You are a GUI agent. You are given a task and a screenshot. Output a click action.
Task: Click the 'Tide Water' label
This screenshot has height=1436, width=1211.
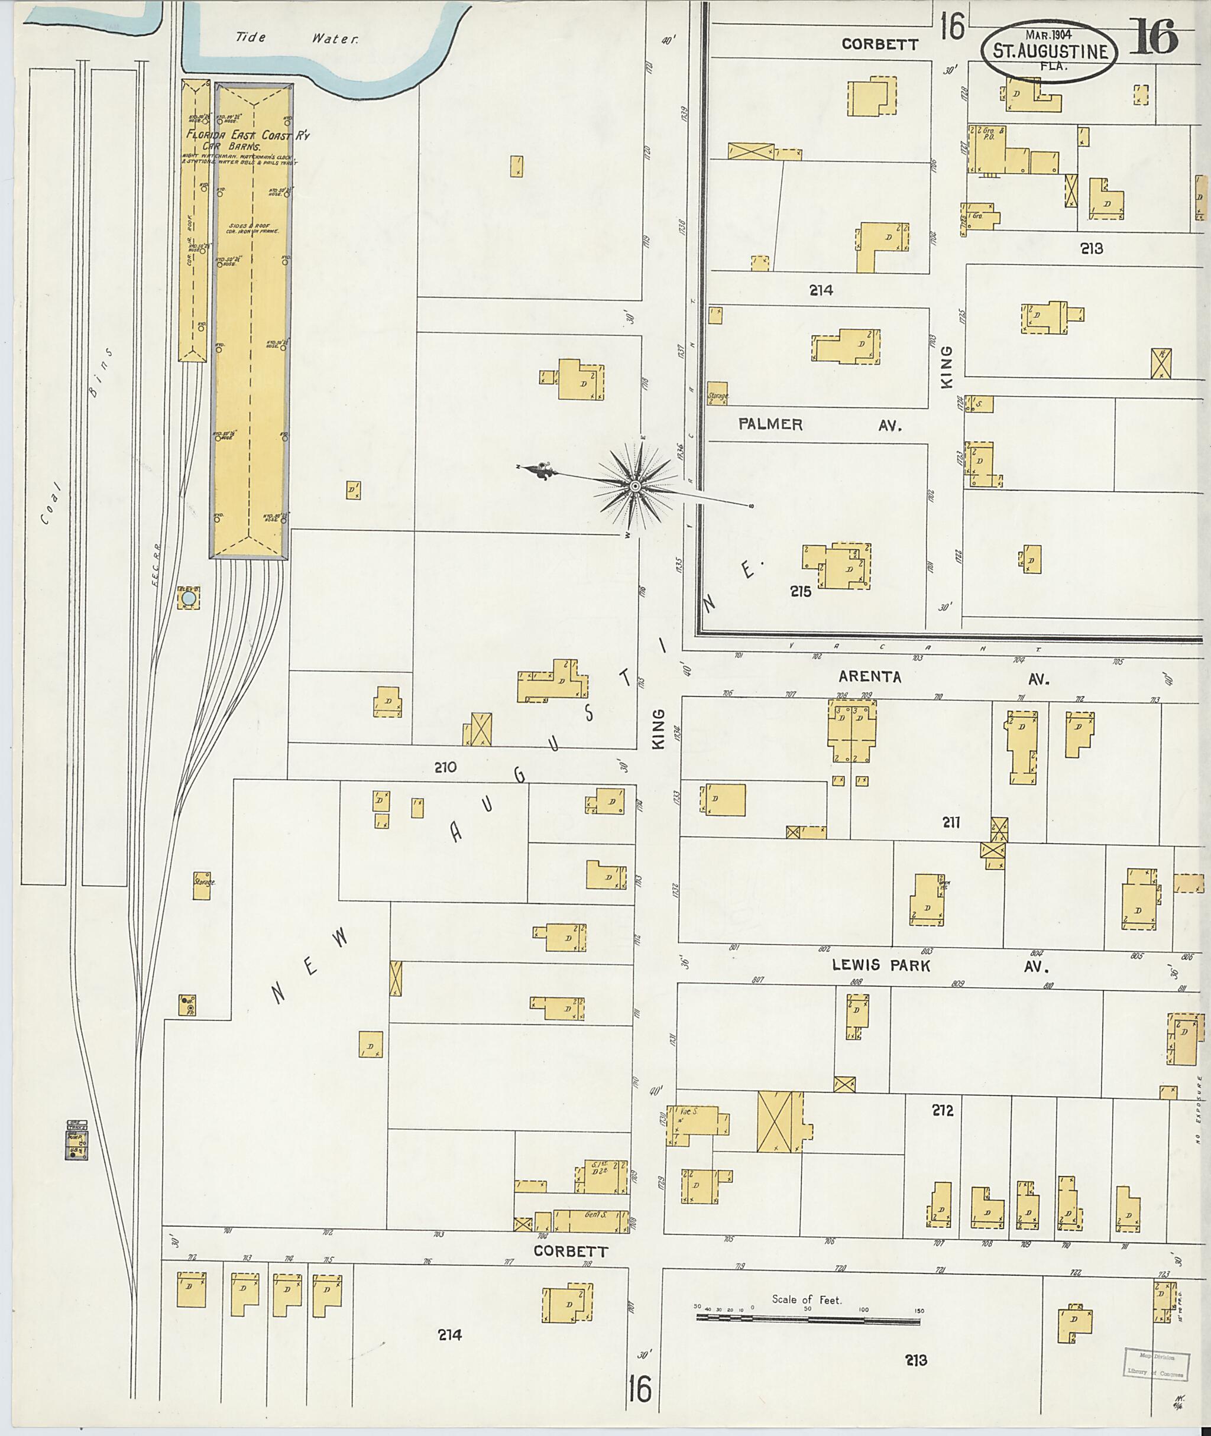tap(297, 38)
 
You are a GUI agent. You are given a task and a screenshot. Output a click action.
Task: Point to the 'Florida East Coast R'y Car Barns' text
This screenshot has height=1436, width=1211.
tap(247, 141)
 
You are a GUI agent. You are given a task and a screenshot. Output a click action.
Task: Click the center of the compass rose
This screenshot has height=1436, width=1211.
tap(636, 487)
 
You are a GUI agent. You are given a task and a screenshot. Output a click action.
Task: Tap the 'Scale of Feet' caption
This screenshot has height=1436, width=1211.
tap(807, 1299)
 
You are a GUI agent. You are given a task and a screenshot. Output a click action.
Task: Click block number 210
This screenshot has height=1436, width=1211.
tap(445, 767)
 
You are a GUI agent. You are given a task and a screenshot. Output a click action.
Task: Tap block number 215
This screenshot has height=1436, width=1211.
tap(801, 591)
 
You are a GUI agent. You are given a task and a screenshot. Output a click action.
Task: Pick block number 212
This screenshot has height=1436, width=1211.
tap(943, 1110)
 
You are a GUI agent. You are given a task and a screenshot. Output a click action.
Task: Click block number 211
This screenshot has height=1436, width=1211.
tap(951, 822)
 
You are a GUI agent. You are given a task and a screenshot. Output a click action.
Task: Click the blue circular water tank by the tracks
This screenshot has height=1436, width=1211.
tap(189, 599)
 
